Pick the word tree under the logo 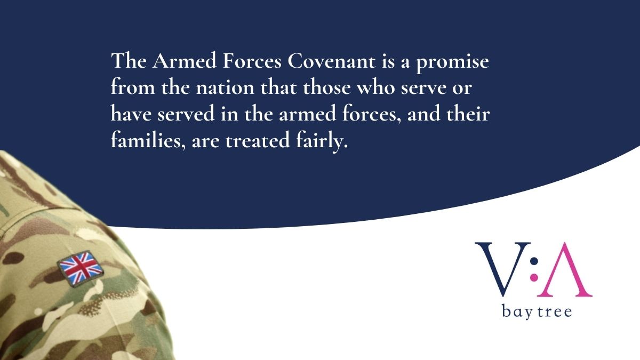(554, 311)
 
